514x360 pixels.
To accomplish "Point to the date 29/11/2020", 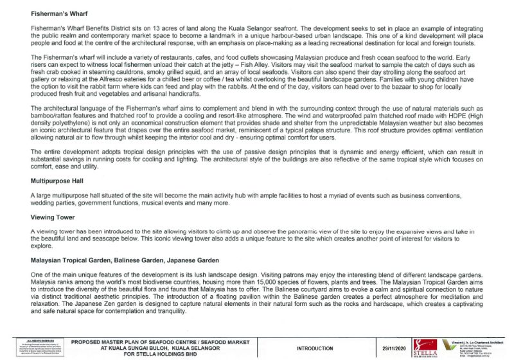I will [x=395, y=348].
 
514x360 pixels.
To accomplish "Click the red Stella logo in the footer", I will [x=427, y=345].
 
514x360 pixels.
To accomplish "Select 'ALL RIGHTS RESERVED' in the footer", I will [x=31, y=340].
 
